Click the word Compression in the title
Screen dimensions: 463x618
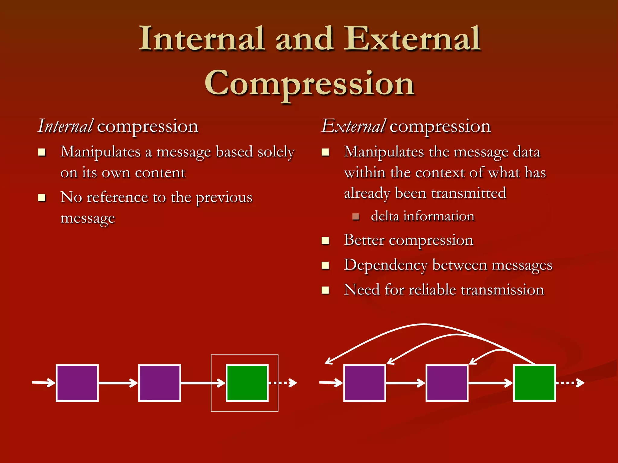pyautogui.click(x=309, y=83)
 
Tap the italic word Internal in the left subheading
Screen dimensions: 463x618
pyautogui.click(x=65, y=126)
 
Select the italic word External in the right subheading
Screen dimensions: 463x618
pyautogui.click(x=353, y=126)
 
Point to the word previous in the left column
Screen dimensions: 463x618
pyautogui.click(x=224, y=198)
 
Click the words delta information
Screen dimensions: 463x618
pyautogui.click(x=422, y=216)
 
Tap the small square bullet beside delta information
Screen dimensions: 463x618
pyautogui.click(x=355, y=216)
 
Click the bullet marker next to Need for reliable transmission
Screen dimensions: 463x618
pyautogui.click(x=325, y=290)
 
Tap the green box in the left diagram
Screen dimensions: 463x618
pyautogui.click(x=247, y=383)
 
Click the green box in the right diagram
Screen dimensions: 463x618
pyautogui.click(x=534, y=383)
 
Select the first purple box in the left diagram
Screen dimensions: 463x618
pyautogui.click(x=77, y=383)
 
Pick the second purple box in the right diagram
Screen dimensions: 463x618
pyautogui.click(x=447, y=383)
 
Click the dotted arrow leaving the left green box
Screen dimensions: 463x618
pyautogui.click(x=283, y=383)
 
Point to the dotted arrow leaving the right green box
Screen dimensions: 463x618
pyautogui.click(x=570, y=383)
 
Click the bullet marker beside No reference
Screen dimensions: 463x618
pyautogui.click(x=41, y=198)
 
